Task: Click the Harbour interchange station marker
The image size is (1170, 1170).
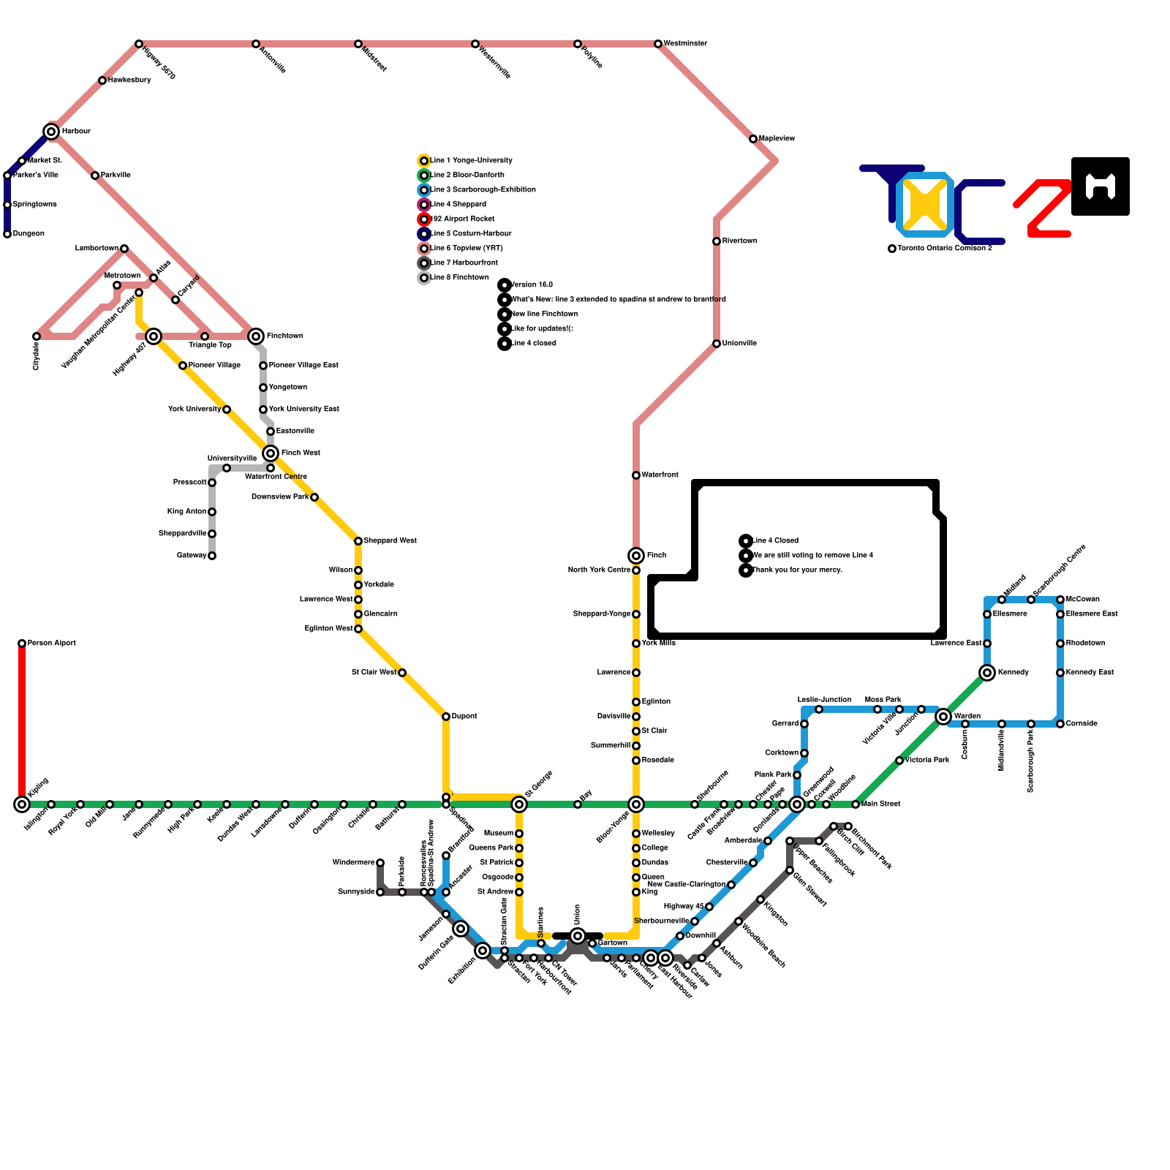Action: [x=51, y=132]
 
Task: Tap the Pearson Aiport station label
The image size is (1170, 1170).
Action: [x=51, y=643]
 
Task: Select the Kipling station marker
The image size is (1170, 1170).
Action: [x=22, y=804]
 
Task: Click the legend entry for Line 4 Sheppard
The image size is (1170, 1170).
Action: [x=458, y=205]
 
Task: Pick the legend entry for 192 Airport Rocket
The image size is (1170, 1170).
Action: [x=462, y=219]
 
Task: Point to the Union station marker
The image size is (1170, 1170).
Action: [x=578, y=936]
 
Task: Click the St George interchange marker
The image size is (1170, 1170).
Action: [x=519, y=804]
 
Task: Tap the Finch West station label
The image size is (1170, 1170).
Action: [x=301, y=453]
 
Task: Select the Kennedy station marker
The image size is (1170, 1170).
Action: [x=987, y=673]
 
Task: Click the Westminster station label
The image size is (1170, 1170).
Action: [x=685, y=44]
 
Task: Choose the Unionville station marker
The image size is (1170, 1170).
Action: [x=717, y=344]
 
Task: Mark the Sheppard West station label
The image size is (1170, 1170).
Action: [x=390, y=541]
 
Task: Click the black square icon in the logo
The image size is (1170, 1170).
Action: [x=1100, y=186]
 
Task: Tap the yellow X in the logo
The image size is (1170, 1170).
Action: [x=925, y=203]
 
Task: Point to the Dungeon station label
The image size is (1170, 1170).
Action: [x=29, y=234]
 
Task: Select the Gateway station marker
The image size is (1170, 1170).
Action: [x=212, y=556]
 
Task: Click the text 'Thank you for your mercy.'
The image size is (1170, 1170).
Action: [x=797, y=570]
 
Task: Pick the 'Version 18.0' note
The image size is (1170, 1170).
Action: [x=532, y=285]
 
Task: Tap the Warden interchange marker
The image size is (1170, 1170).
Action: [x=943, y=717]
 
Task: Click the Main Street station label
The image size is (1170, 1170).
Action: [x=880, y=804]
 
